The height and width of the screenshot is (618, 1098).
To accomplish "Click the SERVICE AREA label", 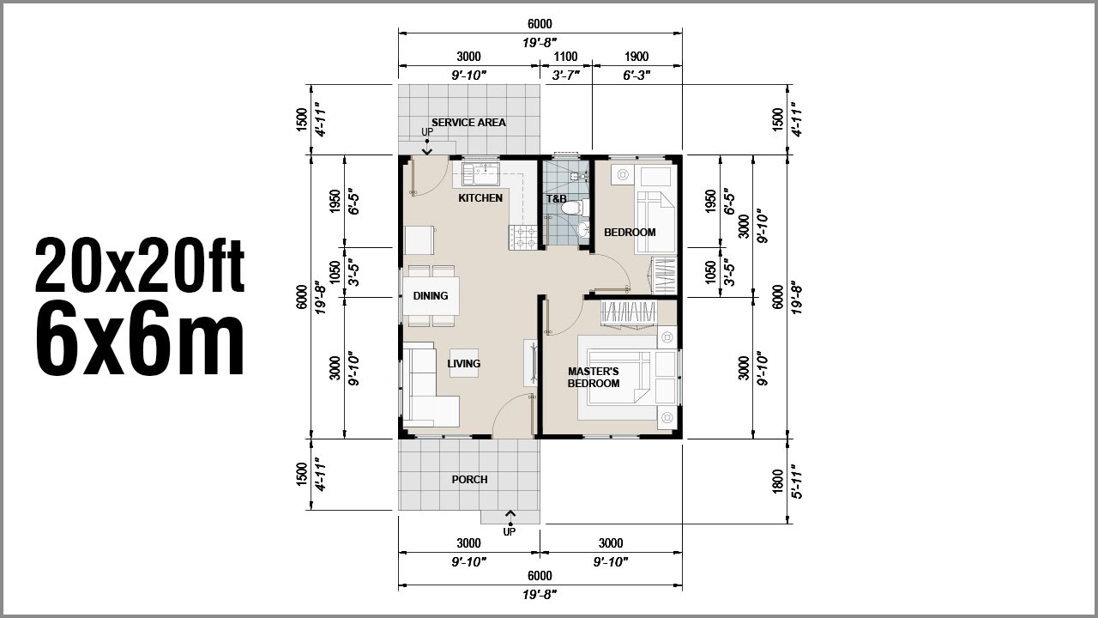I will tap(468, 123).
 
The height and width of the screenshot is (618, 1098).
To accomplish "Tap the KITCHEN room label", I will tap(480, 198).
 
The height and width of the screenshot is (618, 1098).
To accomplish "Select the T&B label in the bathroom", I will tap(557, 199).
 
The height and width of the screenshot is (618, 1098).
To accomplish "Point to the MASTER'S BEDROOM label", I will tap(594, 378).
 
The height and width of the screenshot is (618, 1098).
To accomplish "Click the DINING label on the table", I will tap(431, 296).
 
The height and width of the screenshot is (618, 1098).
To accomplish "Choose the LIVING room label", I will tap(464, 364).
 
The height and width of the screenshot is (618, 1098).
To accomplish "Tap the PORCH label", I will tap(469, 480).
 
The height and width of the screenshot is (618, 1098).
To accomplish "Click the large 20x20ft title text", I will tap(140, 265).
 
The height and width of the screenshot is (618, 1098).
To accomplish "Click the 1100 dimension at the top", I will tap(565, 58).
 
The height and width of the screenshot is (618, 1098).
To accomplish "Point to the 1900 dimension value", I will tap(636, 58).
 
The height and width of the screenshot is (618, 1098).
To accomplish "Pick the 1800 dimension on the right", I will tap(777, 481).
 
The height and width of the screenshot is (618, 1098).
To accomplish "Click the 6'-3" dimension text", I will tap(636, 75).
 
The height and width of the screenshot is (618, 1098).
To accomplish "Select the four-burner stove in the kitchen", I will tap(523, 238).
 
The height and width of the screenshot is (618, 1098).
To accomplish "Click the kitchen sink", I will tap(480, 175).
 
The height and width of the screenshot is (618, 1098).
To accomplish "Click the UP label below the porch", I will tap(510, 532).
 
